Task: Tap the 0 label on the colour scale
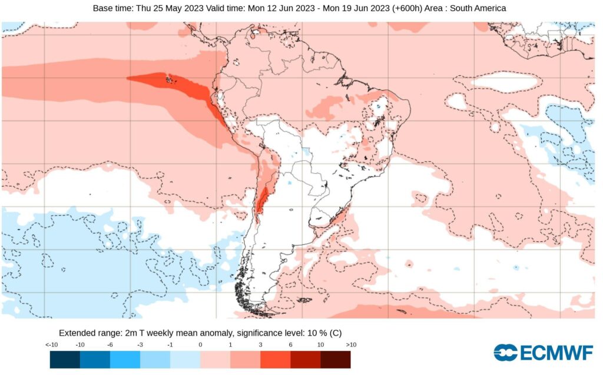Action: click(x=200, y=344)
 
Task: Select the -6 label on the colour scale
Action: click(x=110, y=344)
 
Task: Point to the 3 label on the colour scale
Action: click(x=260, y=344)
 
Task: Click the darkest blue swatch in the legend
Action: click(x=65, y=359)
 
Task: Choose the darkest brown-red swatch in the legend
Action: click(x=336, y=359)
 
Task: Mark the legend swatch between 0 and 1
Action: click(x=216, y=359)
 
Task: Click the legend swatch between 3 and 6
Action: click(x=276, y=359)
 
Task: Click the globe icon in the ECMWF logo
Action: click(x=505, y=352)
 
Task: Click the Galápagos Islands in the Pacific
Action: click(x=171, y=79)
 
